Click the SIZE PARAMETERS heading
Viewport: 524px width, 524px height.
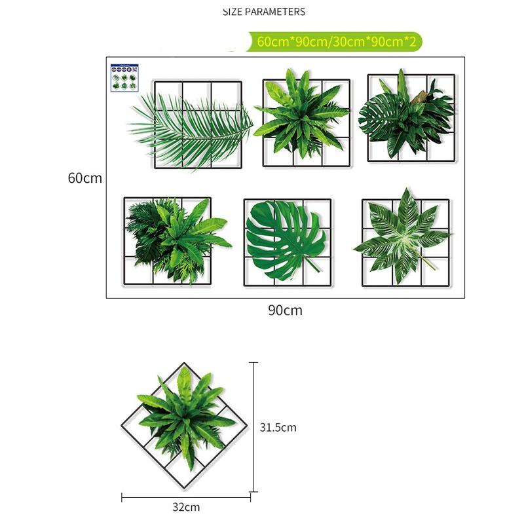tap(264, 12)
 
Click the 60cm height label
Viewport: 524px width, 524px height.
tap(84, 178)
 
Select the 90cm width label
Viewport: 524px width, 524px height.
tap(285, 310)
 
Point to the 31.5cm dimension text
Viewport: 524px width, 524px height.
tap(278, 428)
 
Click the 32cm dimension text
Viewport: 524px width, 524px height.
tap(186, 507)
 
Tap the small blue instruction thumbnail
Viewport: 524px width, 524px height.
tap(123, 77)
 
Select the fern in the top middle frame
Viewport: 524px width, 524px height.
tap(301, 115)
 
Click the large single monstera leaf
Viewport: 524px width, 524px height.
tap(285, 239)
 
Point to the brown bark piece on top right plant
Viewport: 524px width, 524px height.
tap(420, 98)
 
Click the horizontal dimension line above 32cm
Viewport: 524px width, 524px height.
tap(186, 497)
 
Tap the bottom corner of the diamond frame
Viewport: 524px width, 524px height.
tap(186, 488)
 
